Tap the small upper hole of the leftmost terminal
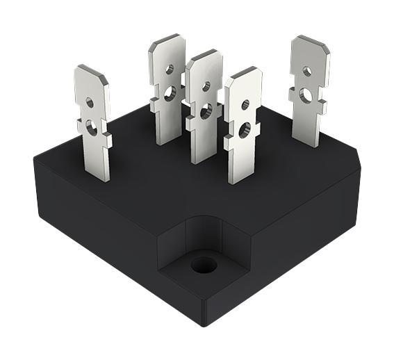click(x=90, y=103)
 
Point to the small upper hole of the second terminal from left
click(x=169, y=69)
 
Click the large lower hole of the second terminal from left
click(x=170, y=90)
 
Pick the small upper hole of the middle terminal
click(x=206, y=87)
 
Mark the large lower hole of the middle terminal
click(x=206, y=110)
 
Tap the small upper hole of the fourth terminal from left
click(x=245, y=105)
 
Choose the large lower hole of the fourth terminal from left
click(x=244, y=129)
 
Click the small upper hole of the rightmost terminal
click(x=307, y=71)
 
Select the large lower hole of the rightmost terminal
click(x=306, y=95)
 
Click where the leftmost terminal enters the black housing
click(x=99, y=177)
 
